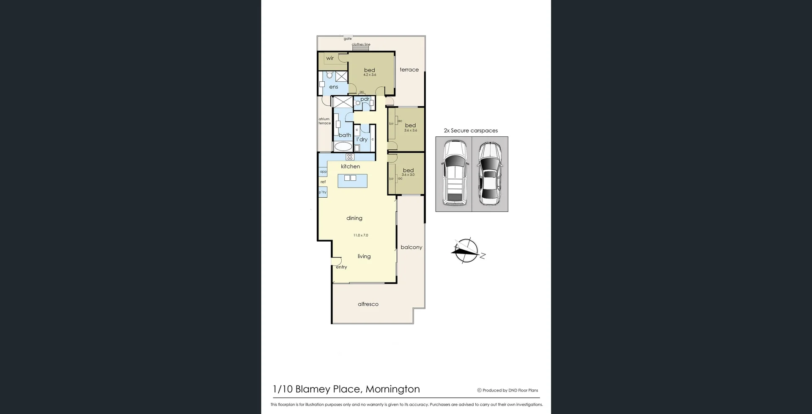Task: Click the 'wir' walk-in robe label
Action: (x=330, y=58)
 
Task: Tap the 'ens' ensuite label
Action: (x=334, y=87)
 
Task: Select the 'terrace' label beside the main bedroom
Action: (x=409, y=69)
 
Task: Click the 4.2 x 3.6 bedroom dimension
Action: (x=370, y=75)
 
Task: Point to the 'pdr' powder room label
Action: (x=365, y=99)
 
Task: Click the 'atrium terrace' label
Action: (x=324, y=121)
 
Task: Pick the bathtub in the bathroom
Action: (x=343, y=146)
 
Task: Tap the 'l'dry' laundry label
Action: (x=362, y=139)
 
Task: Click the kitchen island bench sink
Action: (x=350, y=178)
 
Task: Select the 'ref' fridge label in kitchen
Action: (x=323, y=182)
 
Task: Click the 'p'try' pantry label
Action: (x=323, y=192)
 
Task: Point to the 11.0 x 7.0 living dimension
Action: (x=361, y=235)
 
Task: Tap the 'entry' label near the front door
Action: (x=341, y=267)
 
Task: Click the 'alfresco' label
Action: (x=368, y=304)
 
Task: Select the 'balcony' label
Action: (x=411, y=247)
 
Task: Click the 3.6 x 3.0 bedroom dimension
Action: (x=408, y=175)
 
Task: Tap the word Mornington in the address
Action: (x=392, y=389)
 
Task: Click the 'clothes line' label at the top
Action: (x=361, y=44)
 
